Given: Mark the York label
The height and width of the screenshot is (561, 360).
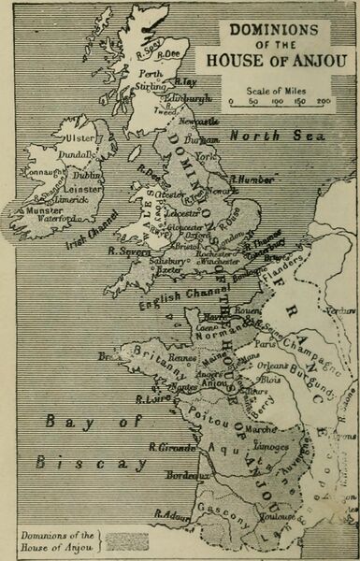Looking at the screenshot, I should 228,157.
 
